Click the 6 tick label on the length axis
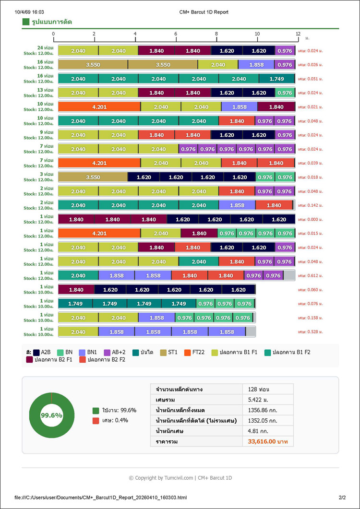coord(176,34)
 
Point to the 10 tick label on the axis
coord(257,34)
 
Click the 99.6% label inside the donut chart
coord(51,415)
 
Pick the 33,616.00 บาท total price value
coord(268,441)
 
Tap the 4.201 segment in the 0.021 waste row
coord(99,107)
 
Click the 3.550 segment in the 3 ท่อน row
coord(93,177)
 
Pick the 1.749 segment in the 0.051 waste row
coord(276,79)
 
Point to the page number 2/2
coord(342,498)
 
